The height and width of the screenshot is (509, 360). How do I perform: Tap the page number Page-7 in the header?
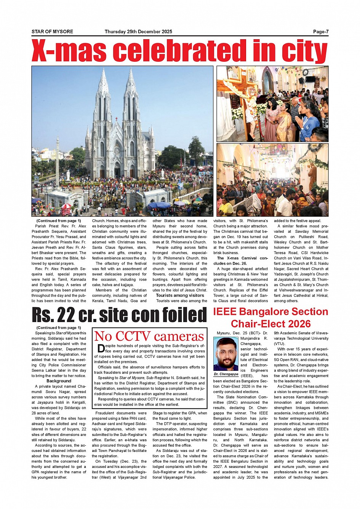(x=321, y=32)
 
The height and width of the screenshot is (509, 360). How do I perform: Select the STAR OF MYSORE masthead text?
(x=52, y=32)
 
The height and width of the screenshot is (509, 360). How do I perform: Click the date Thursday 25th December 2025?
(x=138, y=32)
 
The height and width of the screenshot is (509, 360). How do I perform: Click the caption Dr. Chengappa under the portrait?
(x=226, y=374)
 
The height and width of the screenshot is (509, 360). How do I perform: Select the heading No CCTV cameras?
(x=149, y=336)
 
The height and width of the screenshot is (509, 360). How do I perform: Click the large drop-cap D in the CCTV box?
(x=101, y=348)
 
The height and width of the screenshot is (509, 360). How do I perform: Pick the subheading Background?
(x=59, y=381)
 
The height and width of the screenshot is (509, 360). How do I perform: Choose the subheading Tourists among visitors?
(x=180, y=295)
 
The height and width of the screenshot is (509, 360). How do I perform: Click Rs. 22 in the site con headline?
(x=53, y=315)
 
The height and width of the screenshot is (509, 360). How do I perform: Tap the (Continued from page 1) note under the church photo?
(x=59, y=221)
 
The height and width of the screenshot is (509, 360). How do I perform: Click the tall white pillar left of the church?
(x=58, y=160)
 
